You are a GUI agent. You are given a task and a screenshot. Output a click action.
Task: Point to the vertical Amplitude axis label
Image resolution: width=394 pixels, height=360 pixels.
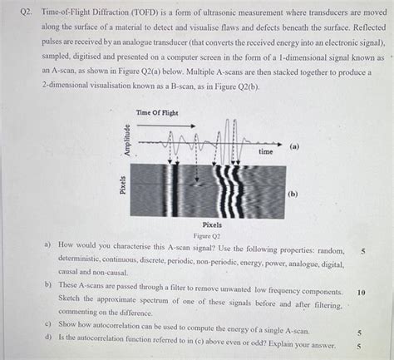[x=127, y=141]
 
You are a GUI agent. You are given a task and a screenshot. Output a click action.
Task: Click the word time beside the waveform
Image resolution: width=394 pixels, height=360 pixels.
[x=265, y=152]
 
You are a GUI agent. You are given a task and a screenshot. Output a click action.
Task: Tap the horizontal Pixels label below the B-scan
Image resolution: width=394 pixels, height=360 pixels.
[x=212, y=225]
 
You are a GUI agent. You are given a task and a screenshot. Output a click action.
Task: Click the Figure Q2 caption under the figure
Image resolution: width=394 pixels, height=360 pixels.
[x=211, y=235]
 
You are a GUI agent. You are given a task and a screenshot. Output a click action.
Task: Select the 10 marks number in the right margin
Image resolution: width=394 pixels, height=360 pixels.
[x=361, y=293]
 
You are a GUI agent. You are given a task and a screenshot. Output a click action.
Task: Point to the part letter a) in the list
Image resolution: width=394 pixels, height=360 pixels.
[x=47, y=246]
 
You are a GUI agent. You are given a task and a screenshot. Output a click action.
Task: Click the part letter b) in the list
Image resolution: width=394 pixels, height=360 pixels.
[x=47, y=284]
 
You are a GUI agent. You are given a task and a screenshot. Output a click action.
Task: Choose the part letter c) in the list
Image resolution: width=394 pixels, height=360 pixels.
[x=47, y=323]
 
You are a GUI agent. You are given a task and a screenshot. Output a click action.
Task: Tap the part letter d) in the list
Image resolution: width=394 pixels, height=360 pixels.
[x=47, y=335]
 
